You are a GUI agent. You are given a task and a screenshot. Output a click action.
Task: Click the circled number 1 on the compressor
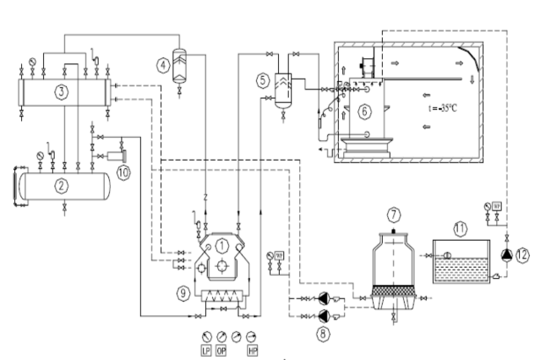click(x=221, y=245)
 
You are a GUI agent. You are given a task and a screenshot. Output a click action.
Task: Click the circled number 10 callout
click(x=123, y=173)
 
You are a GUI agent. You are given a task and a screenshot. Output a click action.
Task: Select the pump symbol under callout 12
click(x=505, y=254)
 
